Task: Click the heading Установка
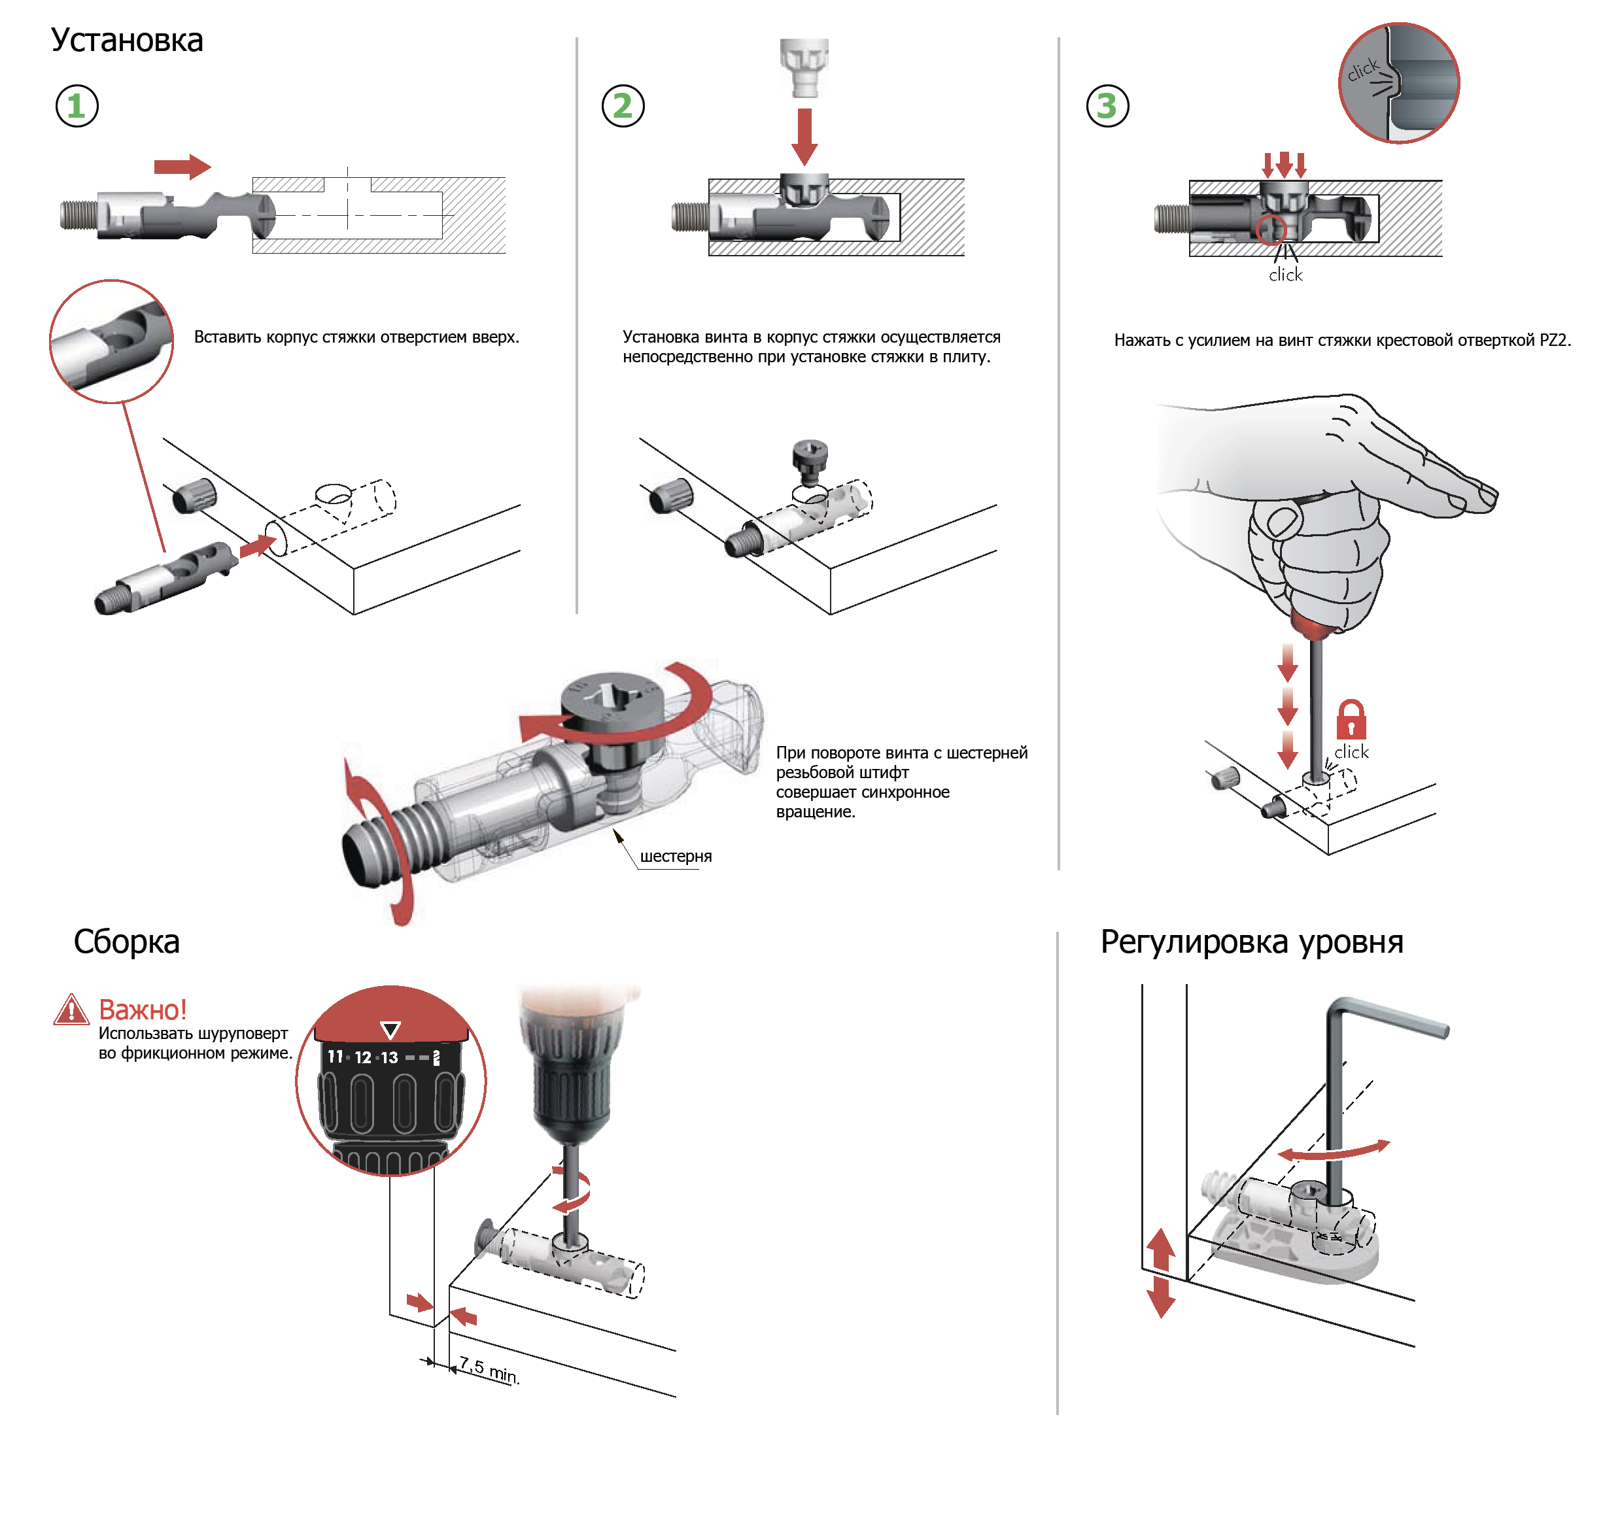126,40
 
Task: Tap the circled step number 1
77,106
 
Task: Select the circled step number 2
623,106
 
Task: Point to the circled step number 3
1107,106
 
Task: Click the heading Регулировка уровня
1252,942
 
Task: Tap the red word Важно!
143,1010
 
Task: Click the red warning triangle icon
71,1010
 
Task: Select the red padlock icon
1351,719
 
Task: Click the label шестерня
676,857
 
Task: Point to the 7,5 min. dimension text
488,1369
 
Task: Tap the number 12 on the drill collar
363,1057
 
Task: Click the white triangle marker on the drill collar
391,1030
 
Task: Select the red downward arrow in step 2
804,135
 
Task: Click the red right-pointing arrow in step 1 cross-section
182,166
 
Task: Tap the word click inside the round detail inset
1362,70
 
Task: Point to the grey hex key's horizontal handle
1395,1019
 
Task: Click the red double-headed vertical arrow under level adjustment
1160,1273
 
